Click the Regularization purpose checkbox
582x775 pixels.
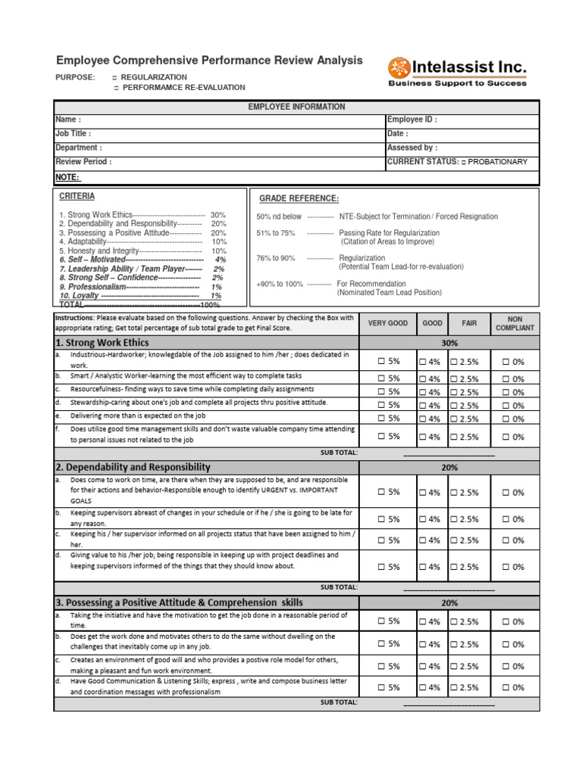coord(114,78)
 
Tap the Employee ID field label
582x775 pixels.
coord(411,120)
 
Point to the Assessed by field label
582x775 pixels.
coord(411,148)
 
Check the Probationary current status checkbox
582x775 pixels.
coord(464,162)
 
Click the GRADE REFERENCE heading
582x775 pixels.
coord(299,198)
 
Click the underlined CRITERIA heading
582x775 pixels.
coord(77,196)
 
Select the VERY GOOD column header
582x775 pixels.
coord(387,323)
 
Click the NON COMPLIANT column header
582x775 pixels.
coord(515,323)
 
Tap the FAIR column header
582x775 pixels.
coord(470,323)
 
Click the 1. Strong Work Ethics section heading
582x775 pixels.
coord(102,343)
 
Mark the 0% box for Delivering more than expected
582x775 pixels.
coord(505,419)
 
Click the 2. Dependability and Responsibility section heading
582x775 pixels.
coord(133,468)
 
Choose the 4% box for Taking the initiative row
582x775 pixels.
coord(423,622)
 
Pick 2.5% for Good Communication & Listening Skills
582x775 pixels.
coord(453,688)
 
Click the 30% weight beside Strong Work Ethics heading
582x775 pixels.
coord(449,343)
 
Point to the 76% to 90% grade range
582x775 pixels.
coord(276,258)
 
